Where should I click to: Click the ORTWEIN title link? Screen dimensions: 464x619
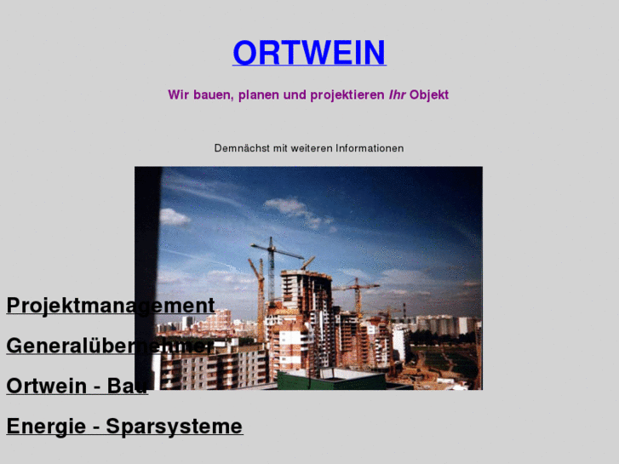[309, 53]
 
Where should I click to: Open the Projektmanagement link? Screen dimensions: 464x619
[110, 306]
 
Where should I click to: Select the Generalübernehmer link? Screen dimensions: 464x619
[110, 346]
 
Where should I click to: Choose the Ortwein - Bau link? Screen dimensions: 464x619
[77, 386]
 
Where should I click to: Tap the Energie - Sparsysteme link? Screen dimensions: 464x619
[124, 426]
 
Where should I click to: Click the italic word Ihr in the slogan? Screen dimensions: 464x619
[397, 95]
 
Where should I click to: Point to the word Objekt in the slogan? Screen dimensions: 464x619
[429, 95]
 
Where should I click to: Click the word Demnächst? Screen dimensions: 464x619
[242, 148]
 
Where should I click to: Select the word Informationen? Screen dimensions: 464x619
[370, 148]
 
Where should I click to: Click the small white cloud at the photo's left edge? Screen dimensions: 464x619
[174, 217]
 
